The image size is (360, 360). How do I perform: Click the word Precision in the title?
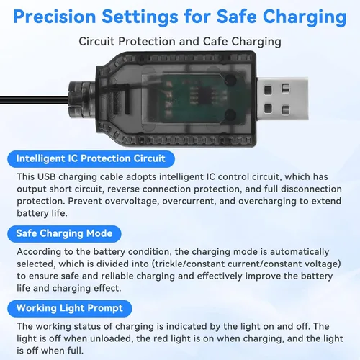point(55,17)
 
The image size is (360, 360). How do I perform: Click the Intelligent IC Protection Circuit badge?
point(91,158)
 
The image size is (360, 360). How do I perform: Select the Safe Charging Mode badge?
point(64,233)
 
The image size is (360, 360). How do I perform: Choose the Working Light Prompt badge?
point(70,308)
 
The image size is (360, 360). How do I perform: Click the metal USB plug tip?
point(282,99)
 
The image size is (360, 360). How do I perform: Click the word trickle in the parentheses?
point(169,264)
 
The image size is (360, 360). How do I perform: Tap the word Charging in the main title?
point(305,17)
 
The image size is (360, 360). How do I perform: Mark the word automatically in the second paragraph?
point(300,252)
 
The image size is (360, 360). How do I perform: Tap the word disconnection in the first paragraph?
point(311,189)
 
